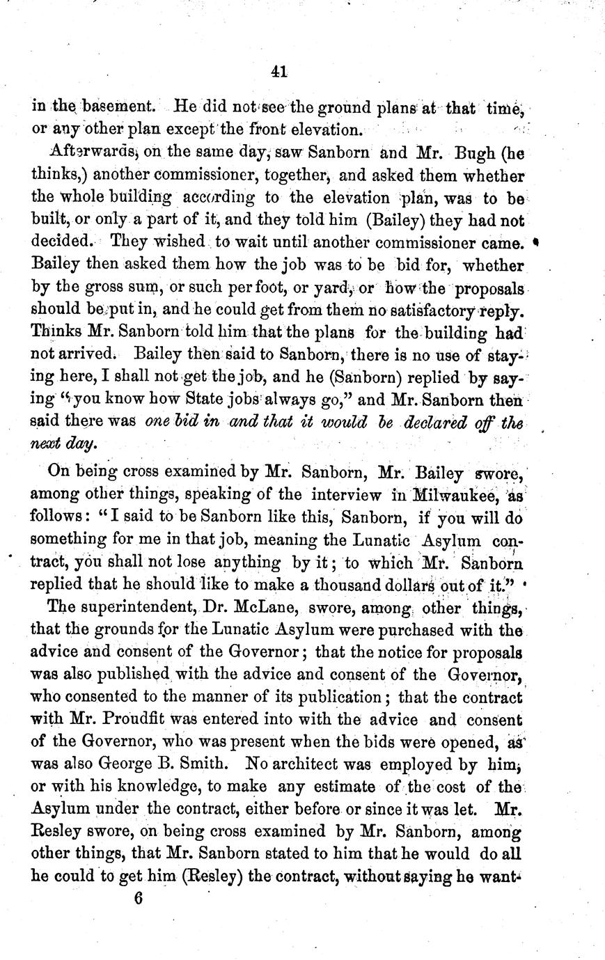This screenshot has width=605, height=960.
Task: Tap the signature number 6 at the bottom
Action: tap(138, 897)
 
